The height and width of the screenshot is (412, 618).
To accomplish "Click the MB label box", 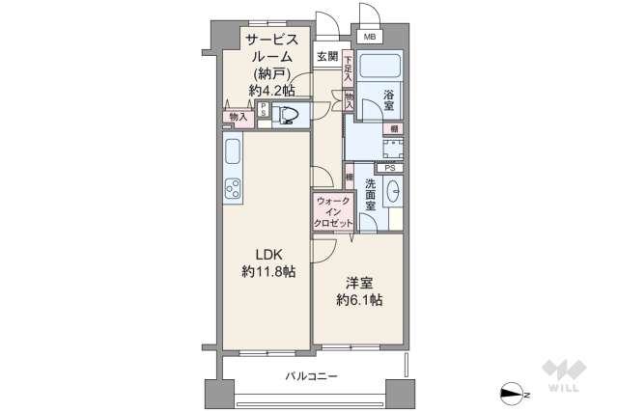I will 370,37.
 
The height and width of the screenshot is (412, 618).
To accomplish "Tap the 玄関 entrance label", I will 327,56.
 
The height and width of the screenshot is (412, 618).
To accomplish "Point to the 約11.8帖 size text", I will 268,273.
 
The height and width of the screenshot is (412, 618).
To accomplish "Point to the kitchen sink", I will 232,152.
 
